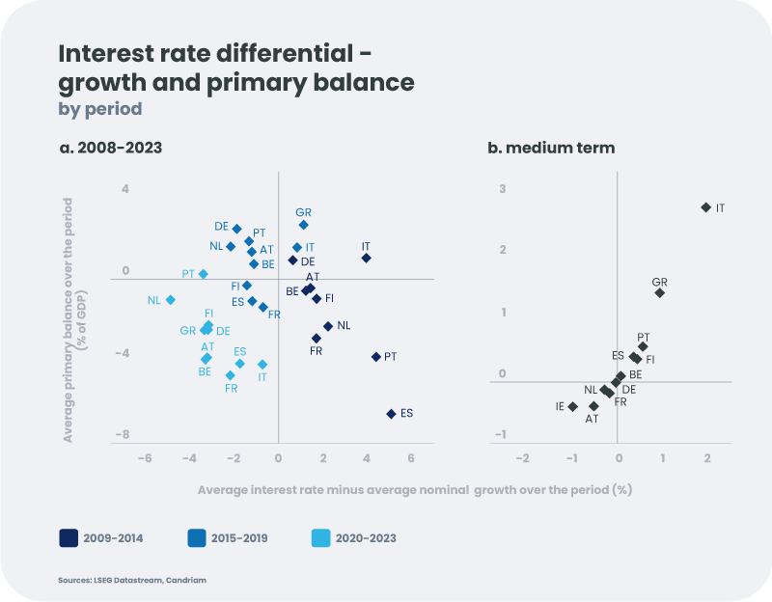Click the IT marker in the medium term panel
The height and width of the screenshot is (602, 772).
(x=705, y=207)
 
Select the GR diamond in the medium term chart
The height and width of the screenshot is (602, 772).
(x=659, y=292)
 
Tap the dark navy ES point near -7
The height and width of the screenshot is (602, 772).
(x=391, y=414)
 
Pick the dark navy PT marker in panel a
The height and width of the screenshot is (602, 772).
(x=375, y=357)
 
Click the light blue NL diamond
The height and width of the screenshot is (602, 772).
(x=171, y=300)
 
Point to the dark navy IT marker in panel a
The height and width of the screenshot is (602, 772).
(x=366, y=258)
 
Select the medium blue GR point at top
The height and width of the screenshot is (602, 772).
(x=303, y=225)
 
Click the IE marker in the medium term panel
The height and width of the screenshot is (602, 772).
(x=573, y=406)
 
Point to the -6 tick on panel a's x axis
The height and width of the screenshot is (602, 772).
(x=145, y=458)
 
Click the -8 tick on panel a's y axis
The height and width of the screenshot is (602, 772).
(x=124, y=435)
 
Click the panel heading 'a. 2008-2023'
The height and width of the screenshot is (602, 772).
(x=110, y=148)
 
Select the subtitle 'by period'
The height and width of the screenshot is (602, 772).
(x=100, y=109)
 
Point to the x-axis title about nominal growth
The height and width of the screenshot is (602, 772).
(x=414, y=489)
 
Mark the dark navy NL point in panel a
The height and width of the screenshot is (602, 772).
(x=328, y=326)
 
